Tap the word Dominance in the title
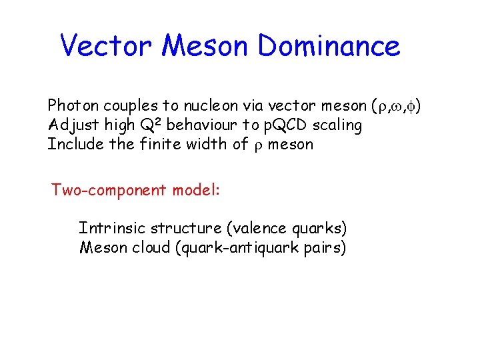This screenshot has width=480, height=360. [x=329, y=46]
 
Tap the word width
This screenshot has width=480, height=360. [x=207, y=144]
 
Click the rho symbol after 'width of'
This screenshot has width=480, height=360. [x=258, y=146]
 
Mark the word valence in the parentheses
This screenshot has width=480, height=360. [x=257, y=229]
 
